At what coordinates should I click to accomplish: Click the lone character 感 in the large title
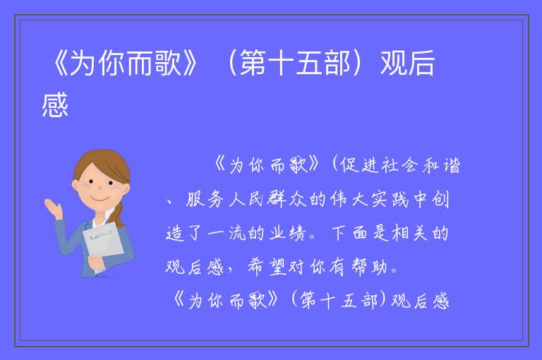click(x=55, y=104)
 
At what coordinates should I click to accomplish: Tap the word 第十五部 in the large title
click(x=295, y=63)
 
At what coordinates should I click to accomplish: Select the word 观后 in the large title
click(x=407, y=63)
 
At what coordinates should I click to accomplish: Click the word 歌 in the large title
click(x=169, y=63)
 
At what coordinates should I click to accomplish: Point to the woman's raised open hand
click(x=53, y=208)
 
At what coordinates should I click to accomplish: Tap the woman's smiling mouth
click(x=99, y=199)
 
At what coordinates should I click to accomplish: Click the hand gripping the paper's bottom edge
click(x=96, y=263)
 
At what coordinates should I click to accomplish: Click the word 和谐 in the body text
click(x=441, y=165)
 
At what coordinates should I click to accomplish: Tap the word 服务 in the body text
click(x=205, y=199)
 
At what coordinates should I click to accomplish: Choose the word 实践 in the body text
click(x=390, y=199)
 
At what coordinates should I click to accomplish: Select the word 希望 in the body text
click(x=267, y=267)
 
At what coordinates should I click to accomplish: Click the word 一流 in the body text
click(x=227, y=233)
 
